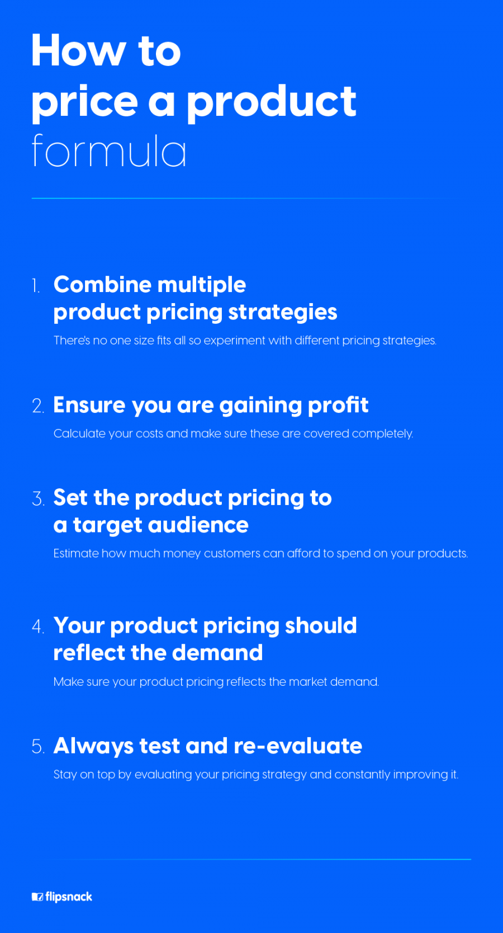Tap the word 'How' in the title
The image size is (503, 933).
tap(78, 51)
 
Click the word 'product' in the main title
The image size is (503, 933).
tap(272, 102)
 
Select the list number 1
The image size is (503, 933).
tap(36, 286)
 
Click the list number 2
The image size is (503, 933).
tap(37, 406)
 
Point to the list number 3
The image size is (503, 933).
tap(37, 499)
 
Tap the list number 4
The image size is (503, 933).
tap(37, 626)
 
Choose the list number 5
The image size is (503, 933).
tap(37, 747)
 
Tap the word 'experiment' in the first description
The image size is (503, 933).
tap(234, 341)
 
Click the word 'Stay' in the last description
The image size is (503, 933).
tap(65, 775)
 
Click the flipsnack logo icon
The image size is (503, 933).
tap(37, 897)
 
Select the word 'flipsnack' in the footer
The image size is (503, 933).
tap(69, 897)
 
